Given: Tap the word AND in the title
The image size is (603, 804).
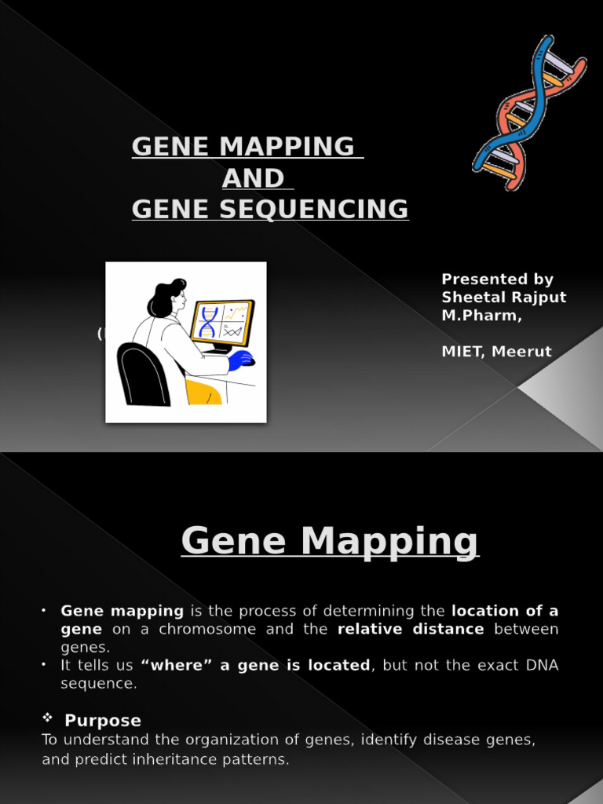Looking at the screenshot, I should tap(252, 179).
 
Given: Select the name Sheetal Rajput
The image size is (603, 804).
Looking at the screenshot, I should tap(503, 298).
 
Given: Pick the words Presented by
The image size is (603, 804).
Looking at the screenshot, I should tap(497, 280).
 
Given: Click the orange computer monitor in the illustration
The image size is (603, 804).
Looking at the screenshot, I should tap(222, 322).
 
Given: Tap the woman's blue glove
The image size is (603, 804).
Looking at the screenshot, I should tap(241, 360).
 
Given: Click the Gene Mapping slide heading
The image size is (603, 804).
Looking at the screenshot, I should tap(330, 541).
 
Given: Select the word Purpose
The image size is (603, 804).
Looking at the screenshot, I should tap(103, 721).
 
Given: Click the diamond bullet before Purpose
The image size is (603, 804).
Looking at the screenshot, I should tap(47, 719).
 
